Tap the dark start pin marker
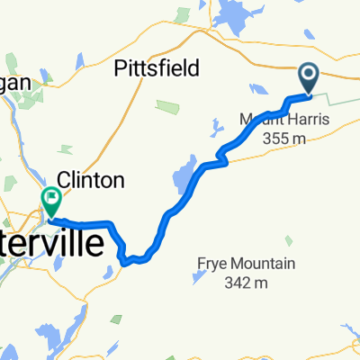[x=309, y=78]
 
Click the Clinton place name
[x=90, y=180]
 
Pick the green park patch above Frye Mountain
[x=287, y=240]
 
